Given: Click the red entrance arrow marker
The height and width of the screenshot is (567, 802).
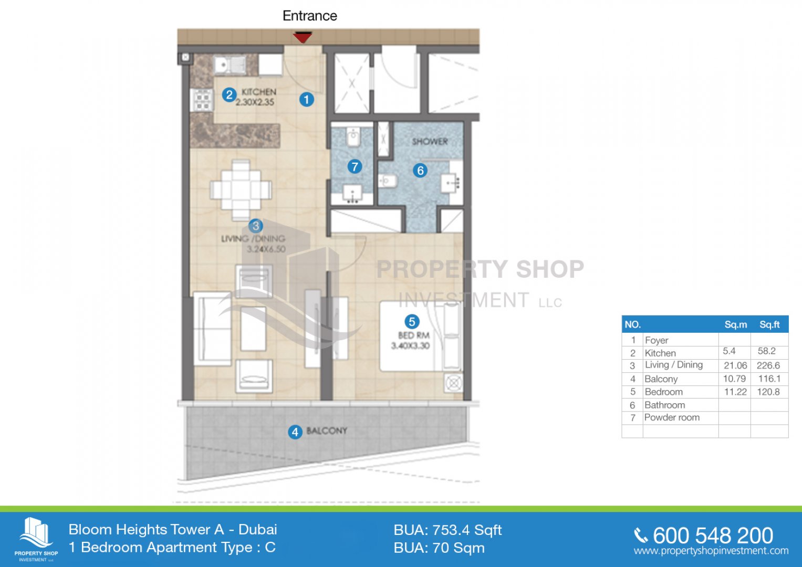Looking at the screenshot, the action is tap(303, 37).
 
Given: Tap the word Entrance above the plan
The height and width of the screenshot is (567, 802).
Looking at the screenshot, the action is tap(310, 16).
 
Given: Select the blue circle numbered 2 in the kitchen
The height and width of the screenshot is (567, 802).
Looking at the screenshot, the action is tap(229, 95).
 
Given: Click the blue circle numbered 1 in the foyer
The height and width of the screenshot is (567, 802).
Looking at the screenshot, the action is tap(307, 100).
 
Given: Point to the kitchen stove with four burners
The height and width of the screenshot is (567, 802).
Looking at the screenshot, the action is tap(202, 101).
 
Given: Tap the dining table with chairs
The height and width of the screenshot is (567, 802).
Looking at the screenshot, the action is tap(241, 190).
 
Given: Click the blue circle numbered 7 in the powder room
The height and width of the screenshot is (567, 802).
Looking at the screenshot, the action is tap(355, 166).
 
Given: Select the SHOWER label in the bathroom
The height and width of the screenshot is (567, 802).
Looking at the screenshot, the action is tap(430, 141).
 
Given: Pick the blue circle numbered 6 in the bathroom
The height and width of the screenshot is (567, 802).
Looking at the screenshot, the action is tap(420, 171).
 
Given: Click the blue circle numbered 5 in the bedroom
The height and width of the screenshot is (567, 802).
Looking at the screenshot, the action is tap(412, 321).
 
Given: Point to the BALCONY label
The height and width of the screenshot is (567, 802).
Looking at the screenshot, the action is tap(327, 430).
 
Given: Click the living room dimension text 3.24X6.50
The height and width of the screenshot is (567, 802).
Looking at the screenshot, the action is tap(266, 249).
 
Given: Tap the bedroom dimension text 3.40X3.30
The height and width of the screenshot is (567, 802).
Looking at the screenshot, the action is tap(410, 346).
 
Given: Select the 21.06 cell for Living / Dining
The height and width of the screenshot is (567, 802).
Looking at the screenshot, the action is tap(735, 365).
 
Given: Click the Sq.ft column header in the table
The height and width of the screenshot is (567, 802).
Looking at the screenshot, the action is tap(769, 324).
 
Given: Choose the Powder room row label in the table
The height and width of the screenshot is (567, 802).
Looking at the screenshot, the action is tap(672, 417).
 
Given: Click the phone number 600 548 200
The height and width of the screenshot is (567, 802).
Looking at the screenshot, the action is tap(713, 535).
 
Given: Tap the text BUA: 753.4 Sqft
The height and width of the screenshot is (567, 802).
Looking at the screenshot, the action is tap(447, 530).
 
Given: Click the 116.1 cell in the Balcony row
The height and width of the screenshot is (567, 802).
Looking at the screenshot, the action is tap(769, 379).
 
